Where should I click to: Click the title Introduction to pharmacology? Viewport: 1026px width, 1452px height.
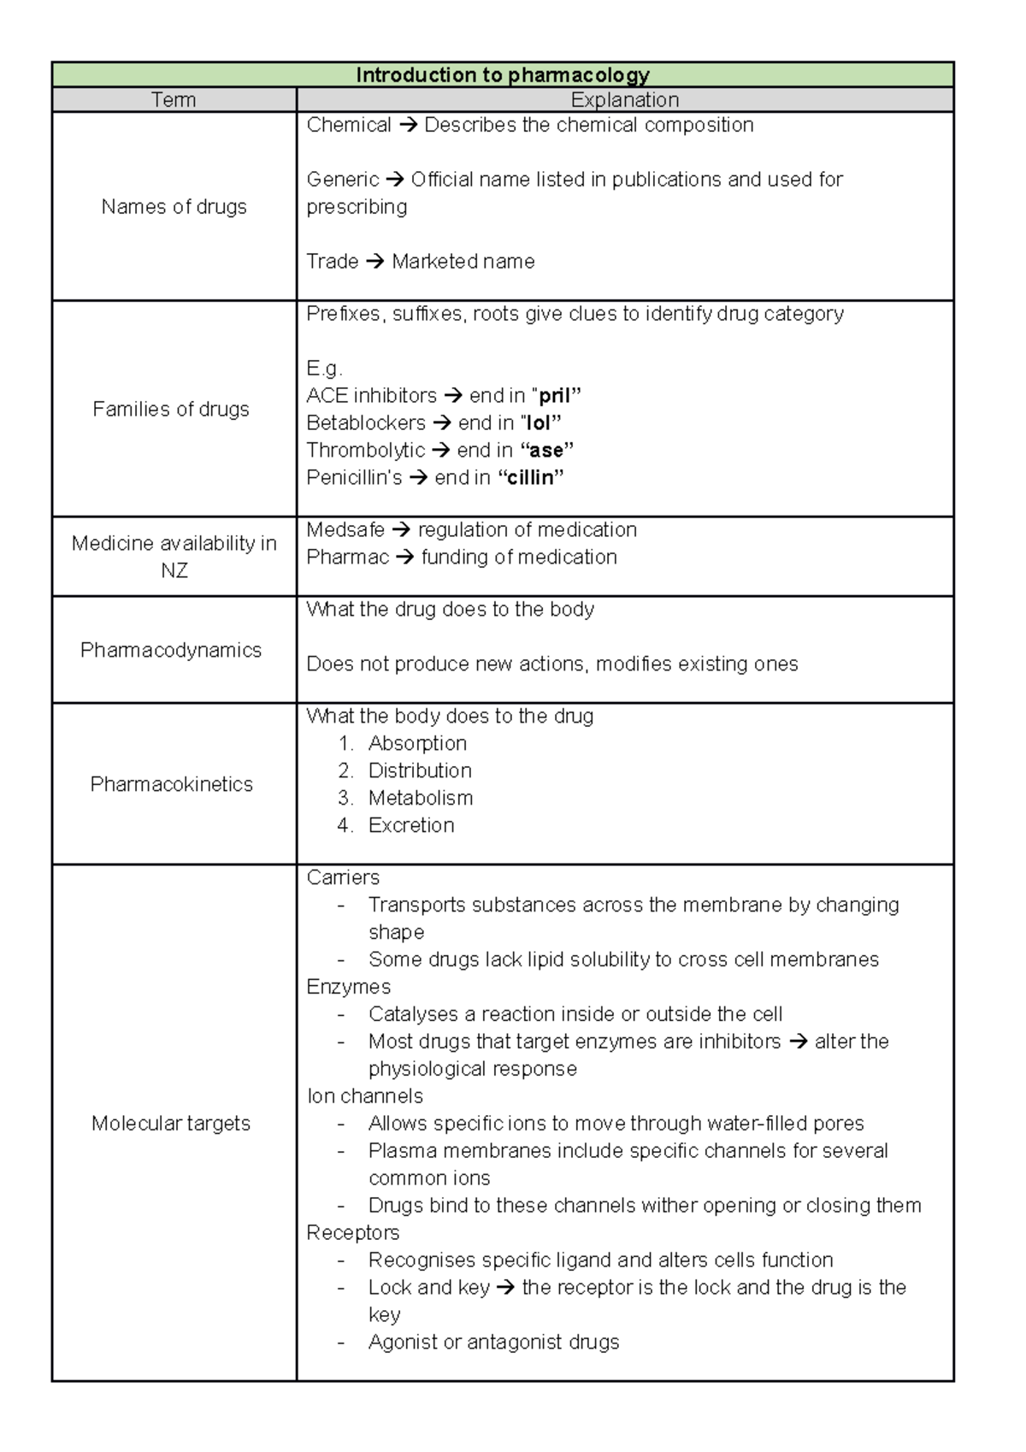[x=503, y=75]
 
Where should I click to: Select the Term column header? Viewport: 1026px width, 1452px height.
[x=174, y=100]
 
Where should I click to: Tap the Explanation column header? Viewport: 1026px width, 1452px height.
[x=624, y=100]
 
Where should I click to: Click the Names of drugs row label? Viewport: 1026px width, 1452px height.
[x=174, y=207]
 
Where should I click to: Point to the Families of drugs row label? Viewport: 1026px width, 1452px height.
[x=171, y=410]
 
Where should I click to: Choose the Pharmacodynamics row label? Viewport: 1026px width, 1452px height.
[x=171, y=651]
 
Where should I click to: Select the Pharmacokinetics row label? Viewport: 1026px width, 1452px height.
[x=171, y=785]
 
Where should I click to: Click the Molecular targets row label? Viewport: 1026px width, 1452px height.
[x=171, y=1124]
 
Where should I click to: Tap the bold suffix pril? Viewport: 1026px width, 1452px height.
[x=554, y=396]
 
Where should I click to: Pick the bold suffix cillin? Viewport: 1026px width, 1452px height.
[x=530, y=478]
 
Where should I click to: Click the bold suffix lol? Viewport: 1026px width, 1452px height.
[x=539, y=423]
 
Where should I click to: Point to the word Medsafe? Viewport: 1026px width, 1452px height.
[x=345, y=530]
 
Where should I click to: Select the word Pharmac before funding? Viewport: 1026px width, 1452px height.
[x=347, y=558]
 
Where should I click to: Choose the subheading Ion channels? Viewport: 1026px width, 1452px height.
[x=365, y=1096]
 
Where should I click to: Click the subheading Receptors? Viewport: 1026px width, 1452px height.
[x=353, y=1233]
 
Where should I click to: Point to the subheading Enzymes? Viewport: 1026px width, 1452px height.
[x=349, y=987]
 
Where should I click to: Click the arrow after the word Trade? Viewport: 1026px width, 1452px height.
[x=374, y=262]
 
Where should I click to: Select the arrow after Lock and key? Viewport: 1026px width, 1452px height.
[x=505, y=1288]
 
